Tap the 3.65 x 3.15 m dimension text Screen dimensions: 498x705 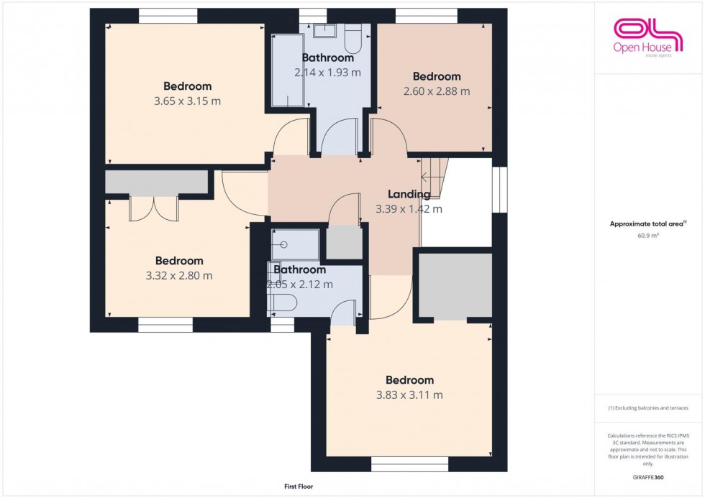(x=187, y=101)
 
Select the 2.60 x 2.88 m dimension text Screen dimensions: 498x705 (x=436, y=91)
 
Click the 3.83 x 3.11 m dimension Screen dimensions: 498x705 (x=409, y=395)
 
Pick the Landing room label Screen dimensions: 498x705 (x=409, y=194)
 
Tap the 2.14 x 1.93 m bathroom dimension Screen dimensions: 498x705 (x=327, y=73)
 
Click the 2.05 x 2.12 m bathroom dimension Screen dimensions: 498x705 (x=300, y=285)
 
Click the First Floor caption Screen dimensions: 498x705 (x=299, y=487)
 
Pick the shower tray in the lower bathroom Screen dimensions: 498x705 (x=295, y=245)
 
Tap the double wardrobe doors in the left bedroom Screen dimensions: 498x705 (x=153, y=208)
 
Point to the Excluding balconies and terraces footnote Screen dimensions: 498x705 (x=647, y=407)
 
